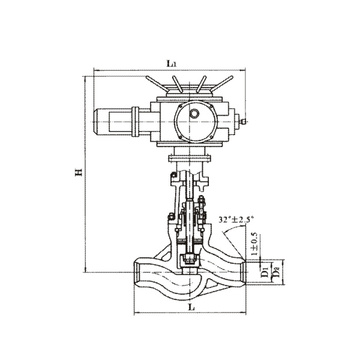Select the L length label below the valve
click(x=190, y=307)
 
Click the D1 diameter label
click(x=265, y=273)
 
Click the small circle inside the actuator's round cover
click(x=194, y=113)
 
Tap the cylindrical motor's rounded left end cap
click(x=98, y=123)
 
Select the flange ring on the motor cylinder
click(x=136, y=122)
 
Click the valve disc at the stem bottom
click(x=190, y=259)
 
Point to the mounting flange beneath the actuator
click(x=190, y=158)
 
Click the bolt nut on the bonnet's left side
click(x=171, y=217)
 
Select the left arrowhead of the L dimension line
click(x=136, y=313)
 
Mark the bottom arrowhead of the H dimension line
click(x=87, y=269)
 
